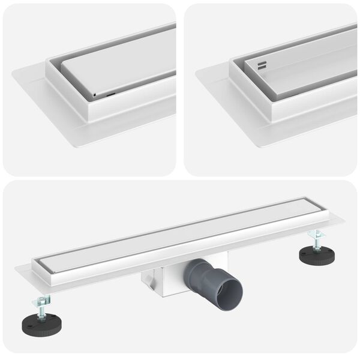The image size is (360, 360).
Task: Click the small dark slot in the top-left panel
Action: [x=110, y=94]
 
